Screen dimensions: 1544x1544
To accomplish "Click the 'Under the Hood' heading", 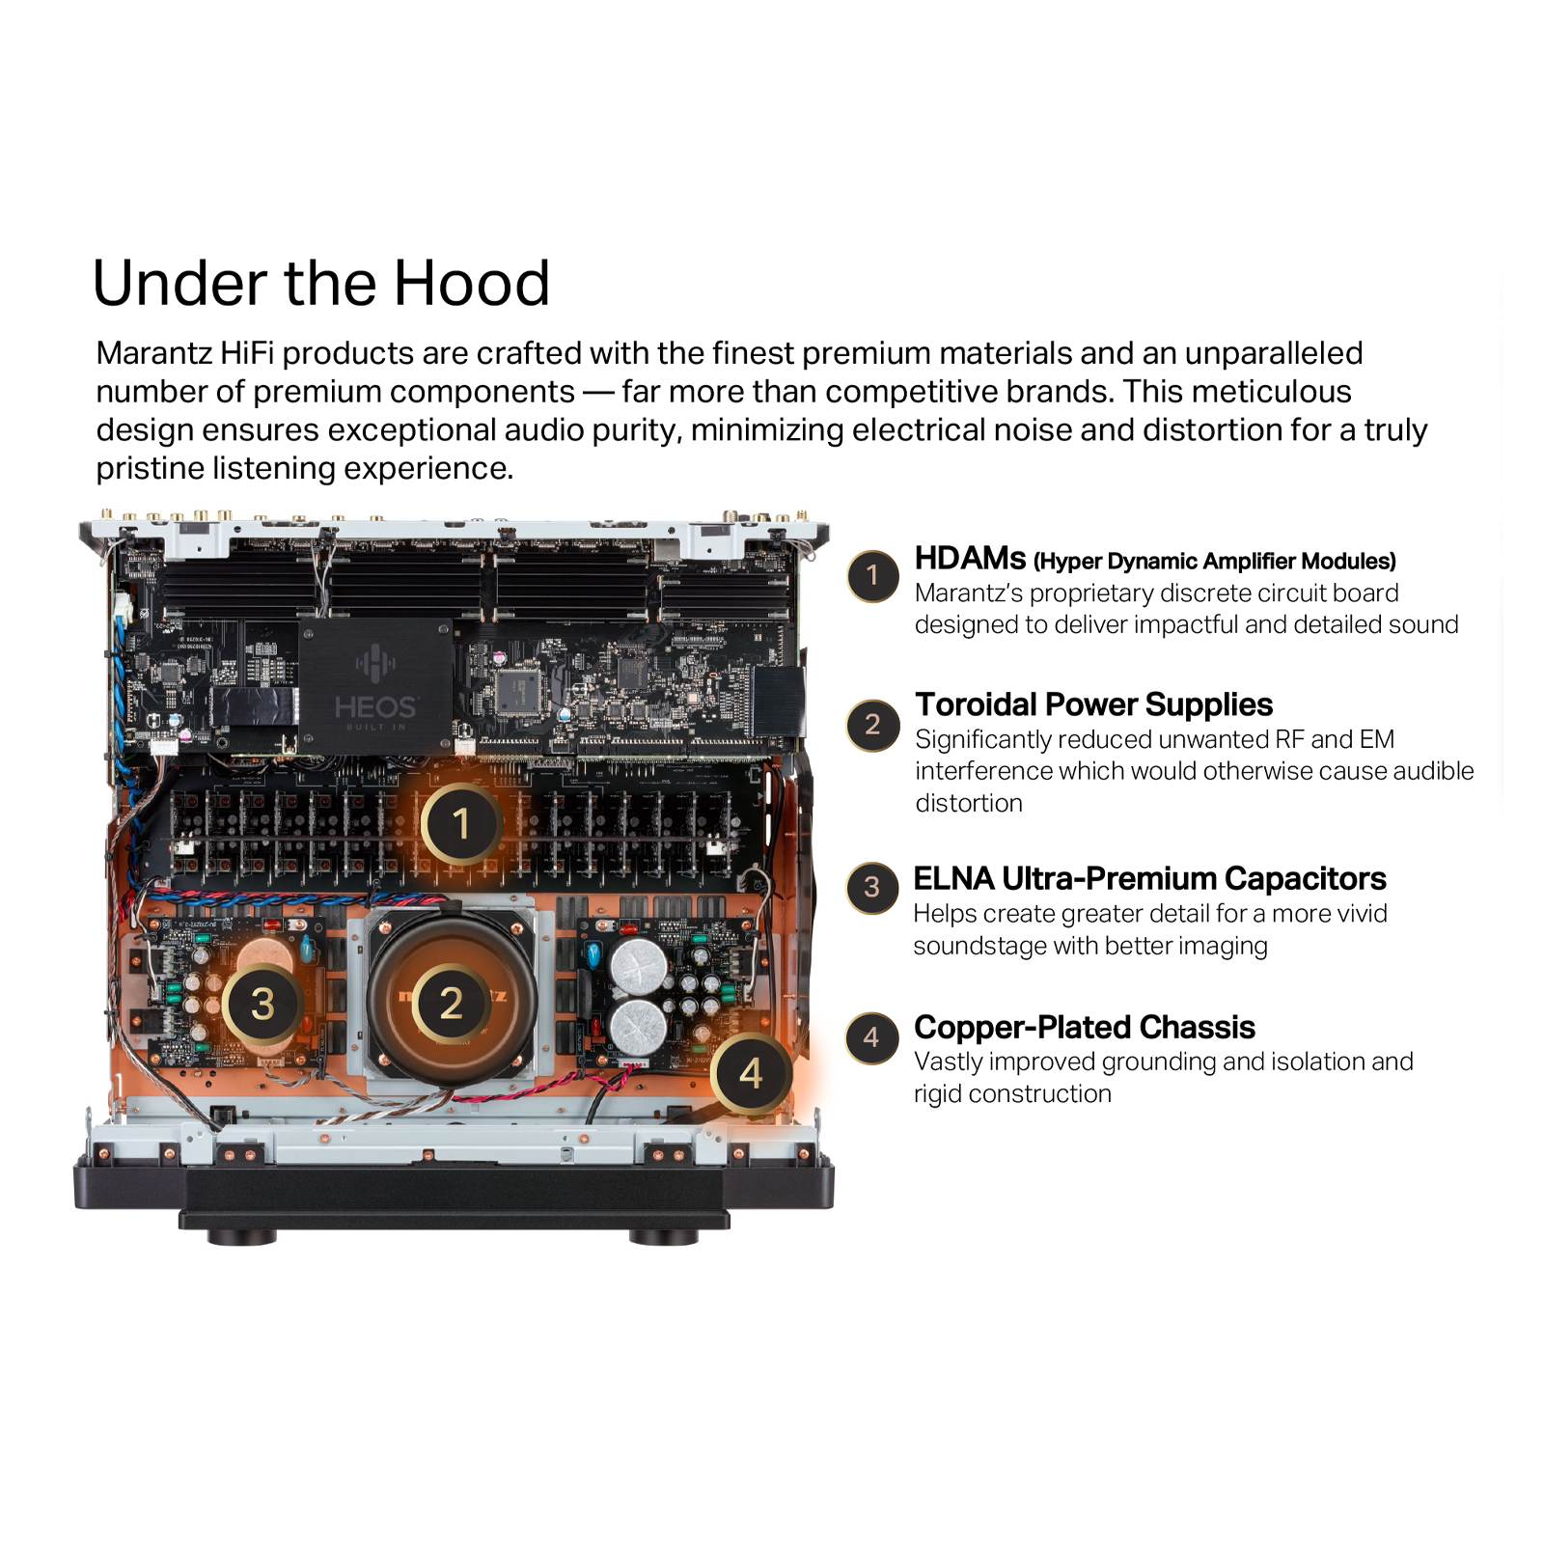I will click(321, 284).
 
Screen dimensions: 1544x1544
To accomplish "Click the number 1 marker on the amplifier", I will click(461, 823).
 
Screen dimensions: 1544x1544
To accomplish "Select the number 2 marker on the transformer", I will click(451, 1003).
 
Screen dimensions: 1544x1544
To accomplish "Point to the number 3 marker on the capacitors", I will click(262, 1004).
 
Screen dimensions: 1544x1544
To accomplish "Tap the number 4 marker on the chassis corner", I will click(751, 1073).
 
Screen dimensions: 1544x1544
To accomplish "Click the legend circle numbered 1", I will click(873, 576).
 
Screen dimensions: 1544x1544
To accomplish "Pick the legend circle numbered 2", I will click(873, 726).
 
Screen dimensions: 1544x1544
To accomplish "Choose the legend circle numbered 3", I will click(872, 888).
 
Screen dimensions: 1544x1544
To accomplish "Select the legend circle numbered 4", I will click(872, 1038).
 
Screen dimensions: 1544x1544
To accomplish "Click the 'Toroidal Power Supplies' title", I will click(1093, 704).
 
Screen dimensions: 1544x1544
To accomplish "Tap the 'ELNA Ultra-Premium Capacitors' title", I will click(1149, 878).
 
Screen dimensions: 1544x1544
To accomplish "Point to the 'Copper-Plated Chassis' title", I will click(1084, 1027).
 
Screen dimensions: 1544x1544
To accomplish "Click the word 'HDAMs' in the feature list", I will click(970, 559).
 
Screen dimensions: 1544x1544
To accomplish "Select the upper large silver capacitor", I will click(639, 964).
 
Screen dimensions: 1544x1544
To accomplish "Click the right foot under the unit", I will click(663, 1236).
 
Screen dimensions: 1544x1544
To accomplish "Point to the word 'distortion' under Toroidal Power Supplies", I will click(969, 803).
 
